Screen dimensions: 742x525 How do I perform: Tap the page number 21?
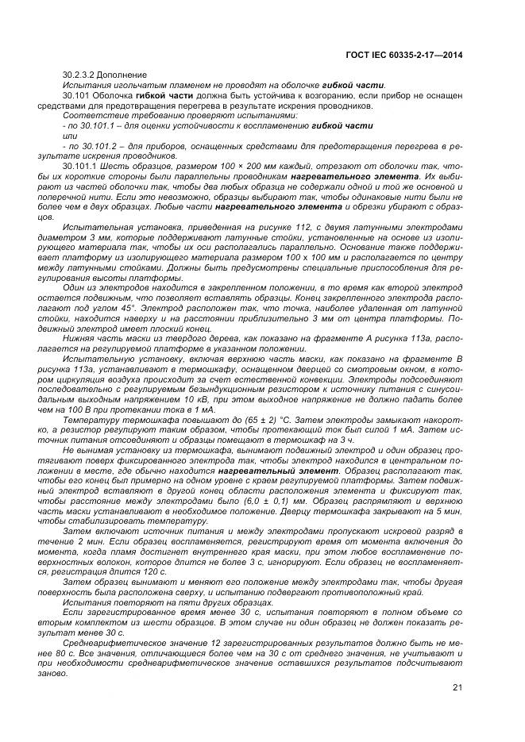pyautogui.click(x=457, y=687)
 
